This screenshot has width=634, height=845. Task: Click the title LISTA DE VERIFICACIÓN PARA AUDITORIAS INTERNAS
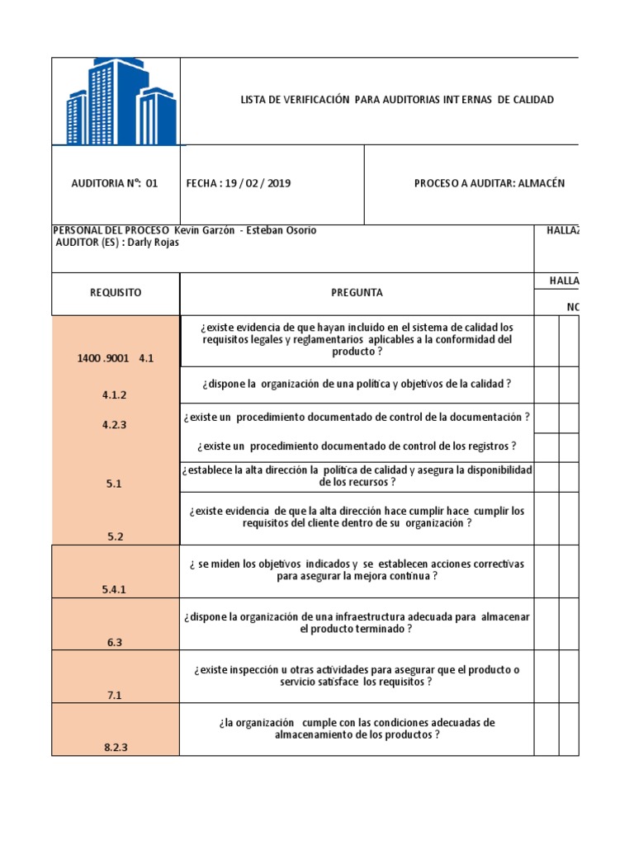396,100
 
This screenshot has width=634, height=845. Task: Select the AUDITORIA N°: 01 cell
115,184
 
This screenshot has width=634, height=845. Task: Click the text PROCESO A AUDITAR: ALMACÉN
489,184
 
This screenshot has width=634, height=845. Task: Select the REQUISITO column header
116,293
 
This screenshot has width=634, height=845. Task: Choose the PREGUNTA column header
357,293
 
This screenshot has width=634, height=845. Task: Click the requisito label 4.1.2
116,395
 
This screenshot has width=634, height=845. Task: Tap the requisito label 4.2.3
116,425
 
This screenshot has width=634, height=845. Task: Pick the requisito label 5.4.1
116,589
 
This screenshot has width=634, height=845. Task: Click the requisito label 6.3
116,643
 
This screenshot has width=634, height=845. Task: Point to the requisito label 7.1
116,696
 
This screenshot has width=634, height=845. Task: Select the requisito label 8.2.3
116,748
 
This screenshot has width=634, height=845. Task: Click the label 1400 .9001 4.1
116,359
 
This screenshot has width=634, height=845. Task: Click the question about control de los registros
357,446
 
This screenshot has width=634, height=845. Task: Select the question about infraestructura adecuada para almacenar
357,623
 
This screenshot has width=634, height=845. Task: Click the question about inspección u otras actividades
357,676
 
